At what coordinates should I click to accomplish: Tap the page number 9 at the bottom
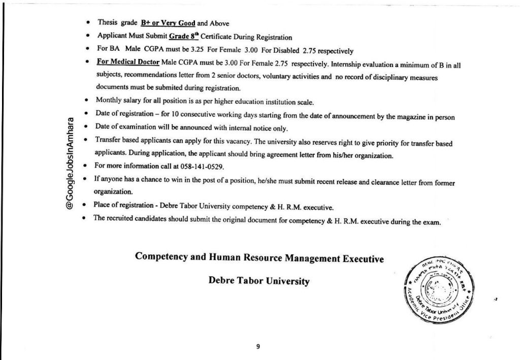point(258,346)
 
